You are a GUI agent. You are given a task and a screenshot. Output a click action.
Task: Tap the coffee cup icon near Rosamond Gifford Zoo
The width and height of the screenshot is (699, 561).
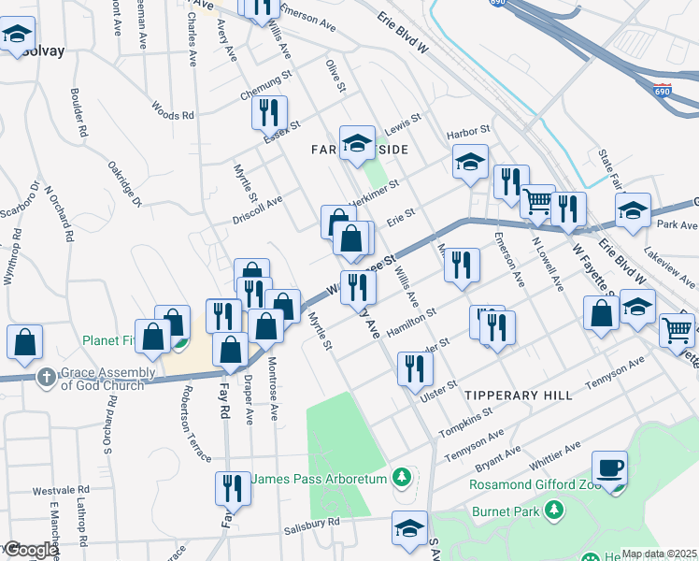click(x=609, y=467)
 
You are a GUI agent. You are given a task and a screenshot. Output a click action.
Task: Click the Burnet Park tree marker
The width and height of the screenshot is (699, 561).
click(x=555, y=510)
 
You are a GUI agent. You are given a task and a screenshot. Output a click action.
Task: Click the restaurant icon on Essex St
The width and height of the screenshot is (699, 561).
click(x=269, y=113)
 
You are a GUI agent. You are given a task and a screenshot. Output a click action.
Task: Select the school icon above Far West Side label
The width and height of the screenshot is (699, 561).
click(x=356, y=143)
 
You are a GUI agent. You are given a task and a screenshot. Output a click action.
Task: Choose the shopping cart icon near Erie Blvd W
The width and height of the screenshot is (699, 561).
click(x=537, y=201)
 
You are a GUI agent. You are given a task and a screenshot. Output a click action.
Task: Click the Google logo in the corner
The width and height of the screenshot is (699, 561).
click(x=29, y=550)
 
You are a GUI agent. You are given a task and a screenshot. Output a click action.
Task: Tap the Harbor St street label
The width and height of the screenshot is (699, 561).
click(x=468, y=130)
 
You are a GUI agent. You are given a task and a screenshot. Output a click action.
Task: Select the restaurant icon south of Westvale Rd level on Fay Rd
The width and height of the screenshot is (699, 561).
click(x=231, y=488)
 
